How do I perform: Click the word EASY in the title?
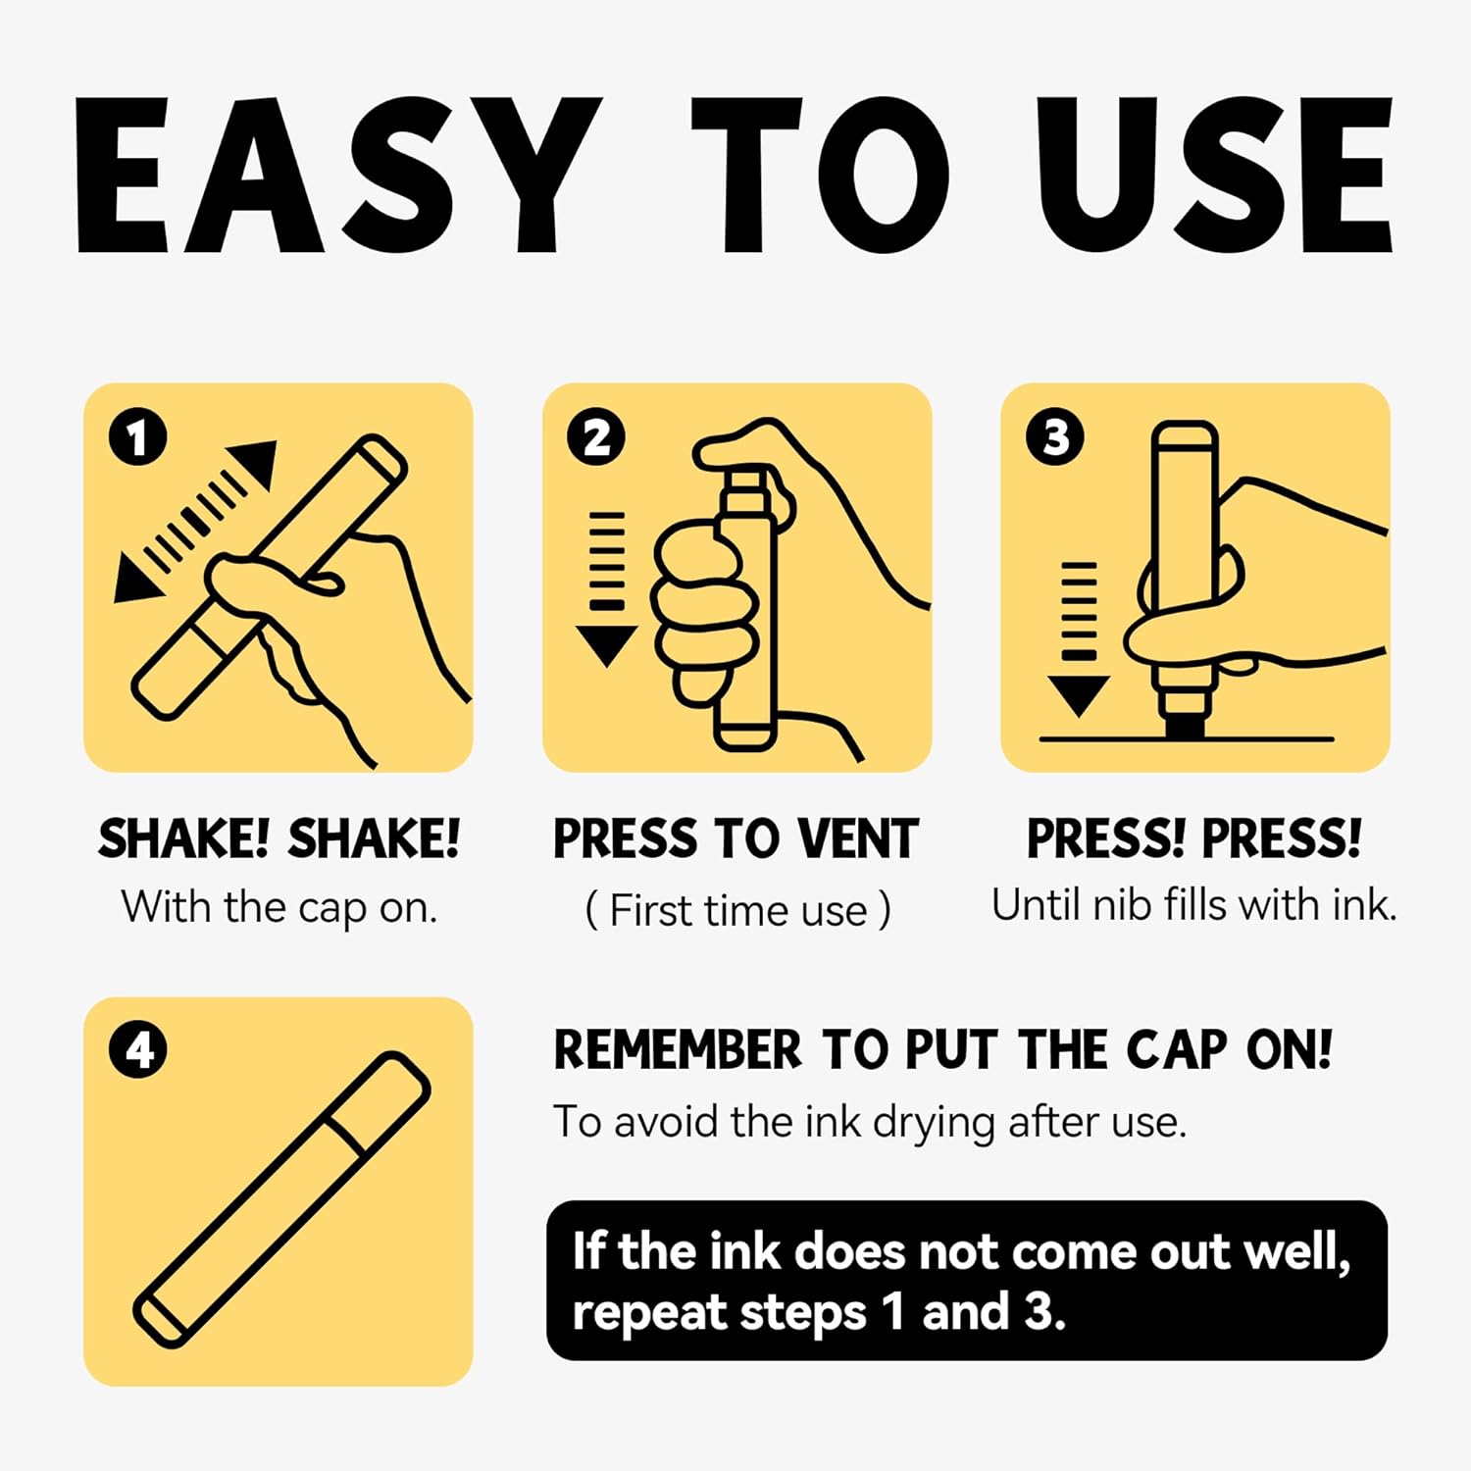(338, 176)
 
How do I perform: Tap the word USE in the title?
(1214, 176)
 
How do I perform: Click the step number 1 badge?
(138, 437)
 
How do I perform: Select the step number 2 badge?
(596, 437)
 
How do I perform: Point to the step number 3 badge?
(1055, 437)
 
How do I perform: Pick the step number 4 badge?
(138, 1050)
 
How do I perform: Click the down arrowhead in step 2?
(607, 646)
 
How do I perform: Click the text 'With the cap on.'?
(279, 908)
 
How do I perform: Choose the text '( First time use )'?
(737, 910)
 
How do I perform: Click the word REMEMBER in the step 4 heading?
(678, 1050)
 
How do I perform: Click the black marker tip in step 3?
(1184, 727)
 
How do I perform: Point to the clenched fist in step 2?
(703, 610)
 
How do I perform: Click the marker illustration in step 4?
(281, 1199)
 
